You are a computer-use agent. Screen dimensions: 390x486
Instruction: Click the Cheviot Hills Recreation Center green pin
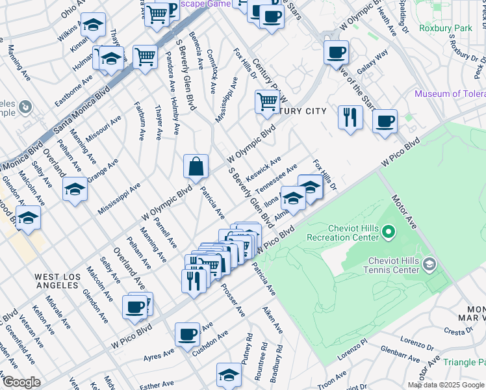(x=389, y=231)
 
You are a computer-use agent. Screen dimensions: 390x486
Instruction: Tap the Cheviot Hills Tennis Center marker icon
(x=429, y=264)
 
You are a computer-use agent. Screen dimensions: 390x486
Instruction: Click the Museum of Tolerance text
(x=450, y=94)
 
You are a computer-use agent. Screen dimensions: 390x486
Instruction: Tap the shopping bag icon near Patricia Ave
(x=196, y=167)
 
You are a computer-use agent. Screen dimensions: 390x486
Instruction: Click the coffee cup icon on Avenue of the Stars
(x=336, y=53)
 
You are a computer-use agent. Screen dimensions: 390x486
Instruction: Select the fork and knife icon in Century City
(x=350, y=118)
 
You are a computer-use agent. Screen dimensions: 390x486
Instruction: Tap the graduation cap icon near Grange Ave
(x=75, y=189)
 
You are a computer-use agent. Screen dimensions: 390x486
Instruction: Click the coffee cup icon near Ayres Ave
(x=187, y=334)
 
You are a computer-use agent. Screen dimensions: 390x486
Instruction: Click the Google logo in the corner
(x=21, y=382)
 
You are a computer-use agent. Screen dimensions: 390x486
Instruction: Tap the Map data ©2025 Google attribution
(x=446, y=385)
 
